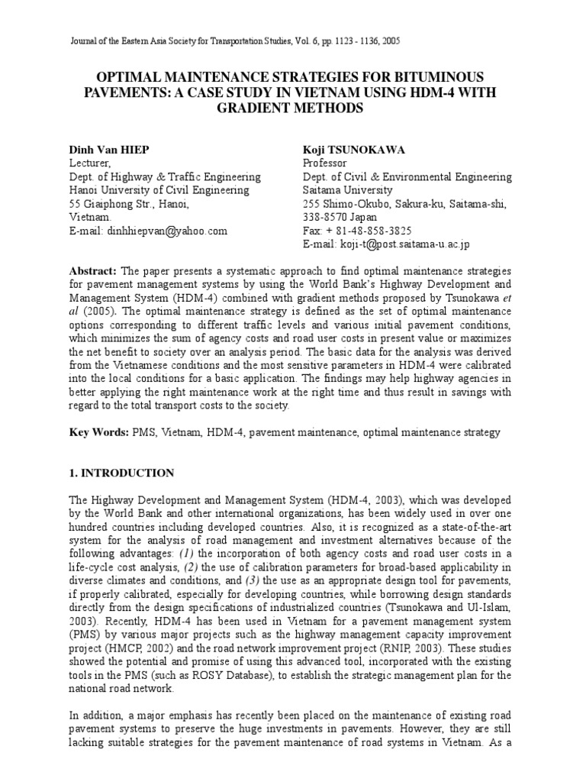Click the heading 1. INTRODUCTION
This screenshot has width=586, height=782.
(122, 473)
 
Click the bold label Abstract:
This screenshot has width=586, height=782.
(93, 271)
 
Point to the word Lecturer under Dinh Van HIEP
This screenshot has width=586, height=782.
(91, 163)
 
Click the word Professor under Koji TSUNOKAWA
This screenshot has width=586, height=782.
(325, 163)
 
